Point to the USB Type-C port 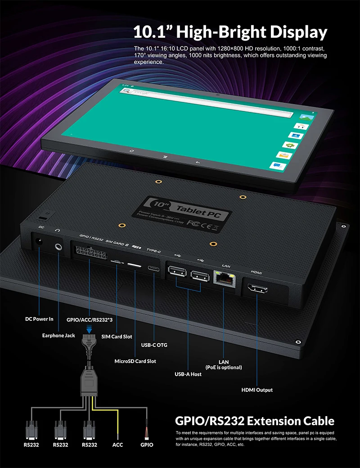tap(154, 268)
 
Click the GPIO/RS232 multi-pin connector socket tap(89, 256)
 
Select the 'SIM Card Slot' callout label tap(117, 336)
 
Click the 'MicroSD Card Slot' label tap(135, 361)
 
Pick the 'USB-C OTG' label tap(154, 345)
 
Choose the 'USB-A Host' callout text tap(188, 374)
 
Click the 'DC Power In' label tap(39, 319)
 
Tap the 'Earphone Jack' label tap(58, 336)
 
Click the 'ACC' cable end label tap(117, 445)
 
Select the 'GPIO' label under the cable tap(147, 445)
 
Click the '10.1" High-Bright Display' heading tap(230, 32)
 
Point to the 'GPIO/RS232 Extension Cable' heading tap(254, 421)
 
